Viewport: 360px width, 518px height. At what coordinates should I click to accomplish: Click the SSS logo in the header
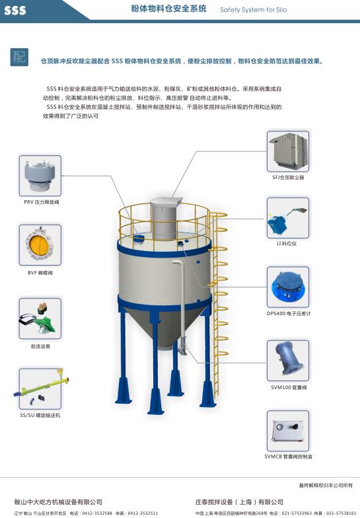[15, 11]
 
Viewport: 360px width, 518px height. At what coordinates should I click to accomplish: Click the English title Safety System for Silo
[254, 10]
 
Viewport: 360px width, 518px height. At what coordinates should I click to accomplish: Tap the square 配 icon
[19, 57]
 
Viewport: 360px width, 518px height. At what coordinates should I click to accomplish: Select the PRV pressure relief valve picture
[40, 176]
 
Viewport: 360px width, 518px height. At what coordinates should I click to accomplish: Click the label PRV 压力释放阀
[41, 202]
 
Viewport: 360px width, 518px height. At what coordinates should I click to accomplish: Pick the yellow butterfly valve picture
[40, 244]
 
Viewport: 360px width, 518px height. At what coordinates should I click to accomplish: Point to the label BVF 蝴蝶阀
[40, 273]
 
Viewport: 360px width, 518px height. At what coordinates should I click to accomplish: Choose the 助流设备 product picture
[40, 318]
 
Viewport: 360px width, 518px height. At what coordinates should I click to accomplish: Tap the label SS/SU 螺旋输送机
[40, 415]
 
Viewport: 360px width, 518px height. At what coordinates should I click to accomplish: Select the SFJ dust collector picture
[288, 151]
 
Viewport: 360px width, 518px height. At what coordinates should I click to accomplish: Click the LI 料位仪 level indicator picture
[288, 218]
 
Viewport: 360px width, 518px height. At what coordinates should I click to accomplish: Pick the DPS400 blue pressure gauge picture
[288, 287]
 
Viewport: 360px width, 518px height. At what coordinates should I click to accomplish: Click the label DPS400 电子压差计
[289, 313]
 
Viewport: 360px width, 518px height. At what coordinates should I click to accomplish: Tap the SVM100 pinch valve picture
[288, 361]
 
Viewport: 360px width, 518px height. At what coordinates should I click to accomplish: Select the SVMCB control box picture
[288, 431]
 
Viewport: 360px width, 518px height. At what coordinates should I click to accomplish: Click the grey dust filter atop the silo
[165, 218]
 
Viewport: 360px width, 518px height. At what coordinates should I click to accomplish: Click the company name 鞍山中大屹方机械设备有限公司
[58, 502]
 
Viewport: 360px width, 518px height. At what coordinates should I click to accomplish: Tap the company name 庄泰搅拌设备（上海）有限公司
[239, 502]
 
